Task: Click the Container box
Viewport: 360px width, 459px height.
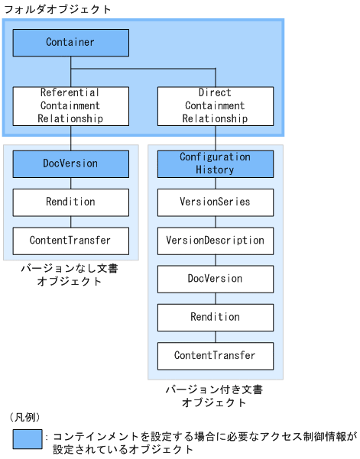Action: click(70, 43)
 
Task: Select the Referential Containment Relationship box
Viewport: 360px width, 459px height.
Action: click(70, 106)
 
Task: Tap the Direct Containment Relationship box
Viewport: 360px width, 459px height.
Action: click(215, 106)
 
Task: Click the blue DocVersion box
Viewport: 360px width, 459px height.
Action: click(70, 163)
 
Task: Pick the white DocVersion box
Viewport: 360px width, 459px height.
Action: click(215, 279)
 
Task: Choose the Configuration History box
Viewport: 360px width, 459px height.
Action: click(215, 163)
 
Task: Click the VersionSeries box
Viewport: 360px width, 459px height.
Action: click(215, 202)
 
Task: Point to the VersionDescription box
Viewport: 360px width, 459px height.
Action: click(215, 241)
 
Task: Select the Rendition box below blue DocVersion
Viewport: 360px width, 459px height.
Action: click(70, 202)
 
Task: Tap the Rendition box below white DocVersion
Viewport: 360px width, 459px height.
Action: click(215, 317)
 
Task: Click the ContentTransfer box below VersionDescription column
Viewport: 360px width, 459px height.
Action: click(215, 356)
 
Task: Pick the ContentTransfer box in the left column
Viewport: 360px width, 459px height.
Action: click(70, 241)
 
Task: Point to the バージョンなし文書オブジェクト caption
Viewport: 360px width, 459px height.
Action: click(70, 275)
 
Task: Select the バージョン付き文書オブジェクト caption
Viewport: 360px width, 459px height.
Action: click(215, 396)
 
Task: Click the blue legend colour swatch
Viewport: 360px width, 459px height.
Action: click(28, 439)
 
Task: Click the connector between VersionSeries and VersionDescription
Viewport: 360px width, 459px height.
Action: click(215, 221)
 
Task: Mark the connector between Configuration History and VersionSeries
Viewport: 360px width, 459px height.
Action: click(215, 183)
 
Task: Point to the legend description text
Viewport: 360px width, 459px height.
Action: click(203, 443)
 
